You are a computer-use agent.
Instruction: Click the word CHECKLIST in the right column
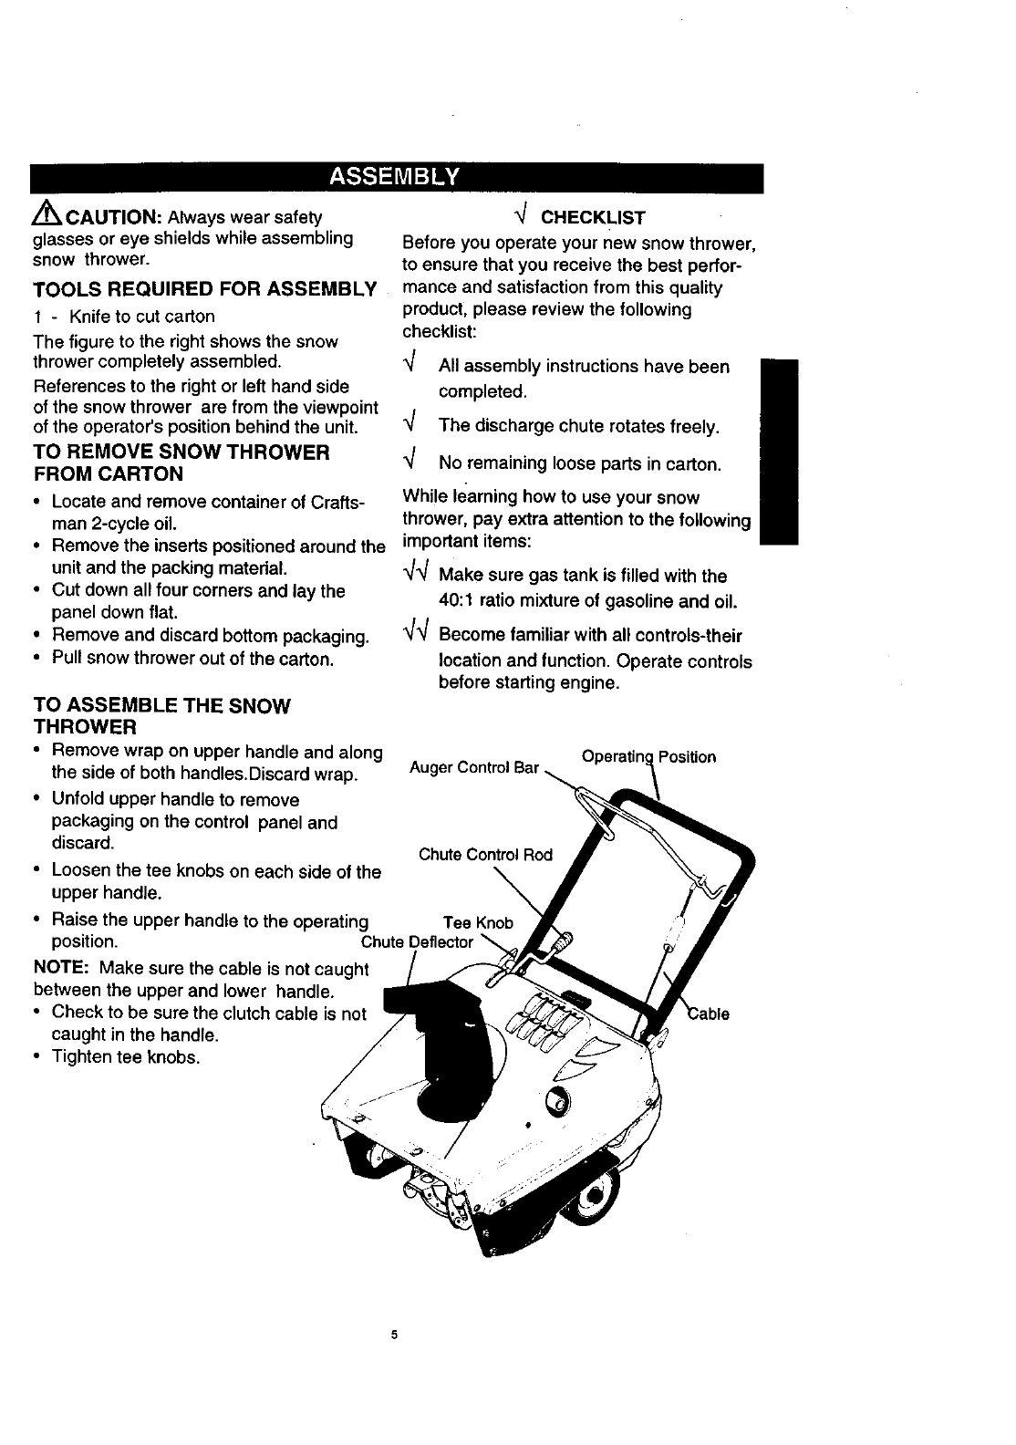pyautogui.click(x=593, y=218)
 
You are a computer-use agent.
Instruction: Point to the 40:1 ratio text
pyautogui.click(x=466, y=602)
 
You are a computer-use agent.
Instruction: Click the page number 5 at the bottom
pyautogui.click(x=395, y=1336)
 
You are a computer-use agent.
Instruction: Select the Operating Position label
pyautogui.click(x=648, y=757)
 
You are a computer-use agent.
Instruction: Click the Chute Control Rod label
pyautogui.click(x=485, y=855)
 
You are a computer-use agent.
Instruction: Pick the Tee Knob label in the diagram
pyautogui.click(x=478, y=923)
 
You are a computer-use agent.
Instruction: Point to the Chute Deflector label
pyautogui.click(x=418, y=942)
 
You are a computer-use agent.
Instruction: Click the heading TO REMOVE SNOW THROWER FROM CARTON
pyautogui.click(x=181, y=463)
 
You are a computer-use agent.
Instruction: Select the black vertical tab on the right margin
pyautogui.click(x=779, y=452)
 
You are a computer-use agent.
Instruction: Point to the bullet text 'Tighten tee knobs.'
pyautogui.click(x=125, y=1057)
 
